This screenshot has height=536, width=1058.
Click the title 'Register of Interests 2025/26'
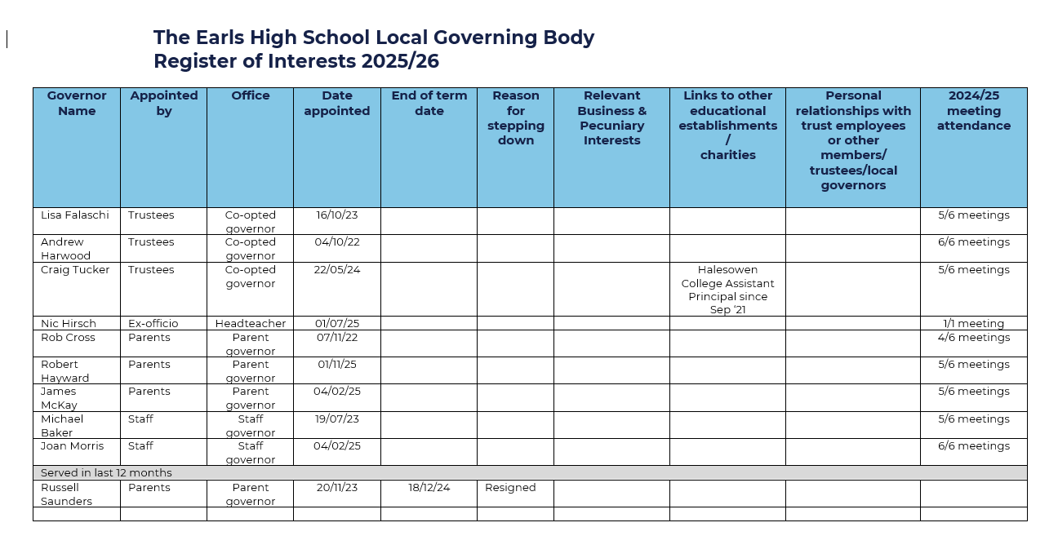coord(296,61)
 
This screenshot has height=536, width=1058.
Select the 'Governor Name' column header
coord(77,104)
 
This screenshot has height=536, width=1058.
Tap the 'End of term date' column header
coord(429,104)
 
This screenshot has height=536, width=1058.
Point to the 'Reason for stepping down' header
coord(515,118)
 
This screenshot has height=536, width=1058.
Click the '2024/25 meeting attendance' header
coord(973,111)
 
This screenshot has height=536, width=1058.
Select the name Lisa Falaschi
coord(74,215)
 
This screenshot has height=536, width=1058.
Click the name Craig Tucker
coord(75,270)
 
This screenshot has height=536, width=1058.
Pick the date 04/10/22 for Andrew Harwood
coord(337,242)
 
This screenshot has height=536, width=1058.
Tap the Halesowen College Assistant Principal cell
coord(727,290)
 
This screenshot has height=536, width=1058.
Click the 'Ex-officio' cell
coord(153,324)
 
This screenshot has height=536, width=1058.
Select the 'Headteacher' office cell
coord(251,324)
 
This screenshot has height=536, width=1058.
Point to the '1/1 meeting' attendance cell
coord(973,324)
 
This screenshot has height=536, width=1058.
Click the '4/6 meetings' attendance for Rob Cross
coord(973,338)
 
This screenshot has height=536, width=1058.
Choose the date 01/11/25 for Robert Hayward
coord(337,365)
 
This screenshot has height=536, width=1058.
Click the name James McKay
coord(59,398)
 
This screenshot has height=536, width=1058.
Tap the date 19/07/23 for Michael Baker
coord(337,419)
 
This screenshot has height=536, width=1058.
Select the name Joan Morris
coord(73,446)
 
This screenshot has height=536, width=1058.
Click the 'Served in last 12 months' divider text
coord(106,473)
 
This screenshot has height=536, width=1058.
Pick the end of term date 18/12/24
coord(429,488)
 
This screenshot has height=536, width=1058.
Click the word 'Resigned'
coord(510,488)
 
